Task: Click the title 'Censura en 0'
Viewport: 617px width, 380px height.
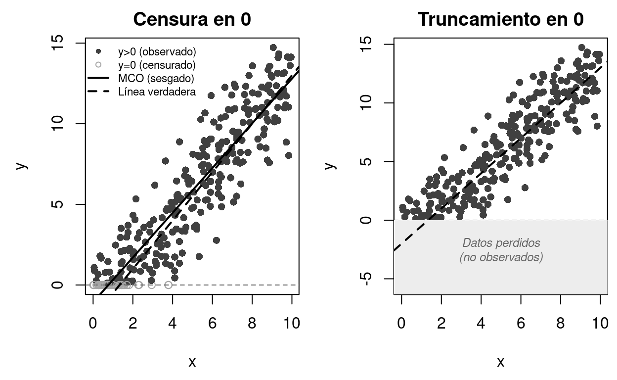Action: pyautogui.click(x=192, y=19)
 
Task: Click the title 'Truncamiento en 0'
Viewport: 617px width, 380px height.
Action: pyautogui.click(x=500, y=19)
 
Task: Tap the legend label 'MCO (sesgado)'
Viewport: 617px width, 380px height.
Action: pyautogui.click(x=156, y=78)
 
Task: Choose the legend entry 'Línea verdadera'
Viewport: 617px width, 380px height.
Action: pyautogui.click(x=157, y=92)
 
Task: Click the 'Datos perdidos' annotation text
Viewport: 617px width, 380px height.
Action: pyautogui.click(x=501, y=243)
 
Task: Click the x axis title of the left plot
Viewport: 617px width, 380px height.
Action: pyautogui.click(x=192, y=362)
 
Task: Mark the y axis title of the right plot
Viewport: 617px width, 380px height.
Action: pyautogui.click(x=330, y=165)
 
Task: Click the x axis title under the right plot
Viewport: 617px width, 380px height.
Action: pyautogui.click(x=500, y=362)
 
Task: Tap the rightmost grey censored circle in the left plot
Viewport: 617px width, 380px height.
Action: pyautogui.click(x=168, y=285)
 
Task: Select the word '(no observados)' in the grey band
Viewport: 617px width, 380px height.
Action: pyautogui.click(x=501, y=257)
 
